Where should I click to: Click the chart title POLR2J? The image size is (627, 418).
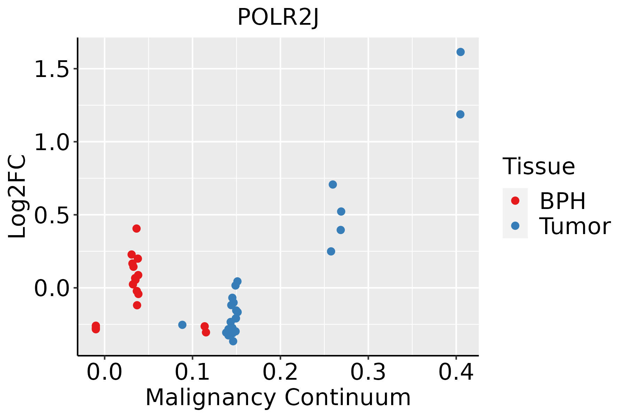(278, 17)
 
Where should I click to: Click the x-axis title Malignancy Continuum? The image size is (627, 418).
(278, 397)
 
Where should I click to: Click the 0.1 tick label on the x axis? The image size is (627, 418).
(192, 372)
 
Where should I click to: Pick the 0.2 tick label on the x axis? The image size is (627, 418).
(280, 372)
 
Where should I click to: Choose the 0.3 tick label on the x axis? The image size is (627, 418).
(368, 372)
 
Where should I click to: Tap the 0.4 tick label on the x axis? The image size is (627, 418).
(456, 372)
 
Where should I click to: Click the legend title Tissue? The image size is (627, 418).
(539, 167)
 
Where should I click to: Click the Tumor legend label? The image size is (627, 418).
(575, 226)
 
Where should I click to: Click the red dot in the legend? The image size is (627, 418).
(515, 201)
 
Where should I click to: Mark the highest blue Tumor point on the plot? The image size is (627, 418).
(460, 52)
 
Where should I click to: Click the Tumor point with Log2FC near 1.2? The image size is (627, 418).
(460, 114)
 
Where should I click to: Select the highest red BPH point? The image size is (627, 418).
(137, 229)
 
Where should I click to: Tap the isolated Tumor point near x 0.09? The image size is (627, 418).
(182, 325)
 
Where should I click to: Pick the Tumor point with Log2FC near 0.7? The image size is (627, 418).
(333, 184)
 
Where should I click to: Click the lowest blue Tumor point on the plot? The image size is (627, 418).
(233, 341)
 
